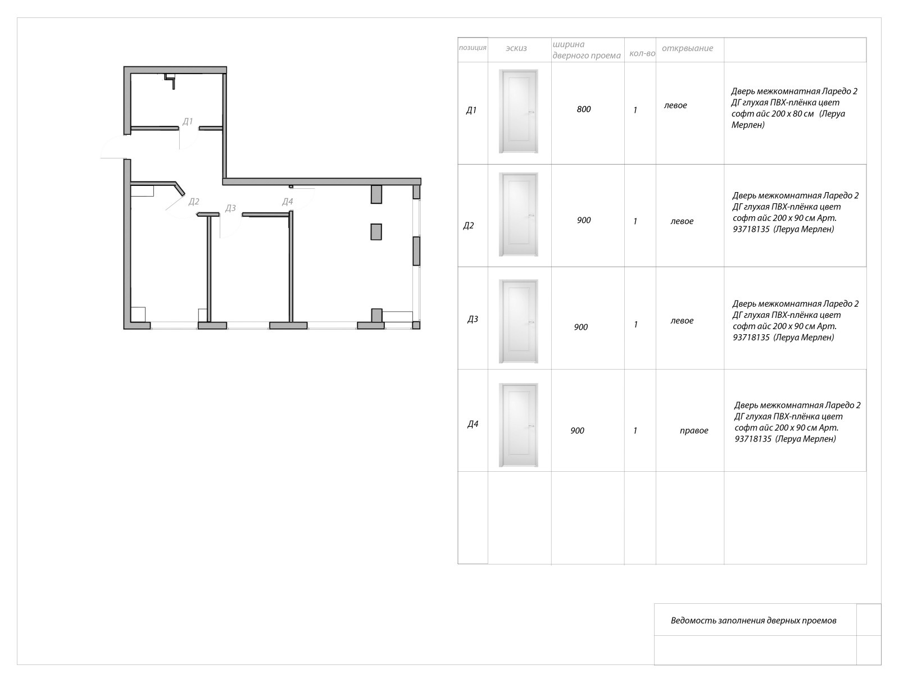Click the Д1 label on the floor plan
click(188, 121)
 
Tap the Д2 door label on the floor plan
click(194, 201)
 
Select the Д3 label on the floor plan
click(230, 208)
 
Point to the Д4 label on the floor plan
click(288, 201)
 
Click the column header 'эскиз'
click(516, 48)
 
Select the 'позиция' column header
click(473, 48)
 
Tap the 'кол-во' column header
click(642, 53)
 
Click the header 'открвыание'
click(688, 48)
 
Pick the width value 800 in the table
click(584, 110)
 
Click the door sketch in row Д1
click(519, 111)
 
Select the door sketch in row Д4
click(519, 425)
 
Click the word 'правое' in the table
click(694, 430)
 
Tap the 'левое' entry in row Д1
click(675, 106)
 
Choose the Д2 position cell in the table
click(469, 225)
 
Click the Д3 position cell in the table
click(473, 319)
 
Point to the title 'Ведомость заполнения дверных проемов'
click(753, 621)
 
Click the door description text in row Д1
click(794, 108)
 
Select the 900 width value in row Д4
click(577, 430)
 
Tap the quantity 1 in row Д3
click(635, 325)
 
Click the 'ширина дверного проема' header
click(587, 50)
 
